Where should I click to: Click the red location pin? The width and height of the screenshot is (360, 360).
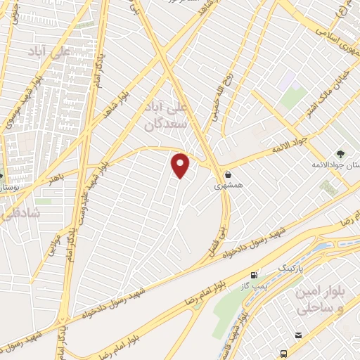click(x=181, y=165)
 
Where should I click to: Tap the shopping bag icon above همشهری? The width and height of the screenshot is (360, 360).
click(x=228, y=174)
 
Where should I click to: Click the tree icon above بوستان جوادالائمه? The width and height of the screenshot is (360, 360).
click(x=340, y=153)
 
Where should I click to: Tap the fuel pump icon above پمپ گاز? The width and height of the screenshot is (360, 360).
click(x=254, y=274)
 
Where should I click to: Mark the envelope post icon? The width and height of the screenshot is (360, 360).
click(x=299, y=336)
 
